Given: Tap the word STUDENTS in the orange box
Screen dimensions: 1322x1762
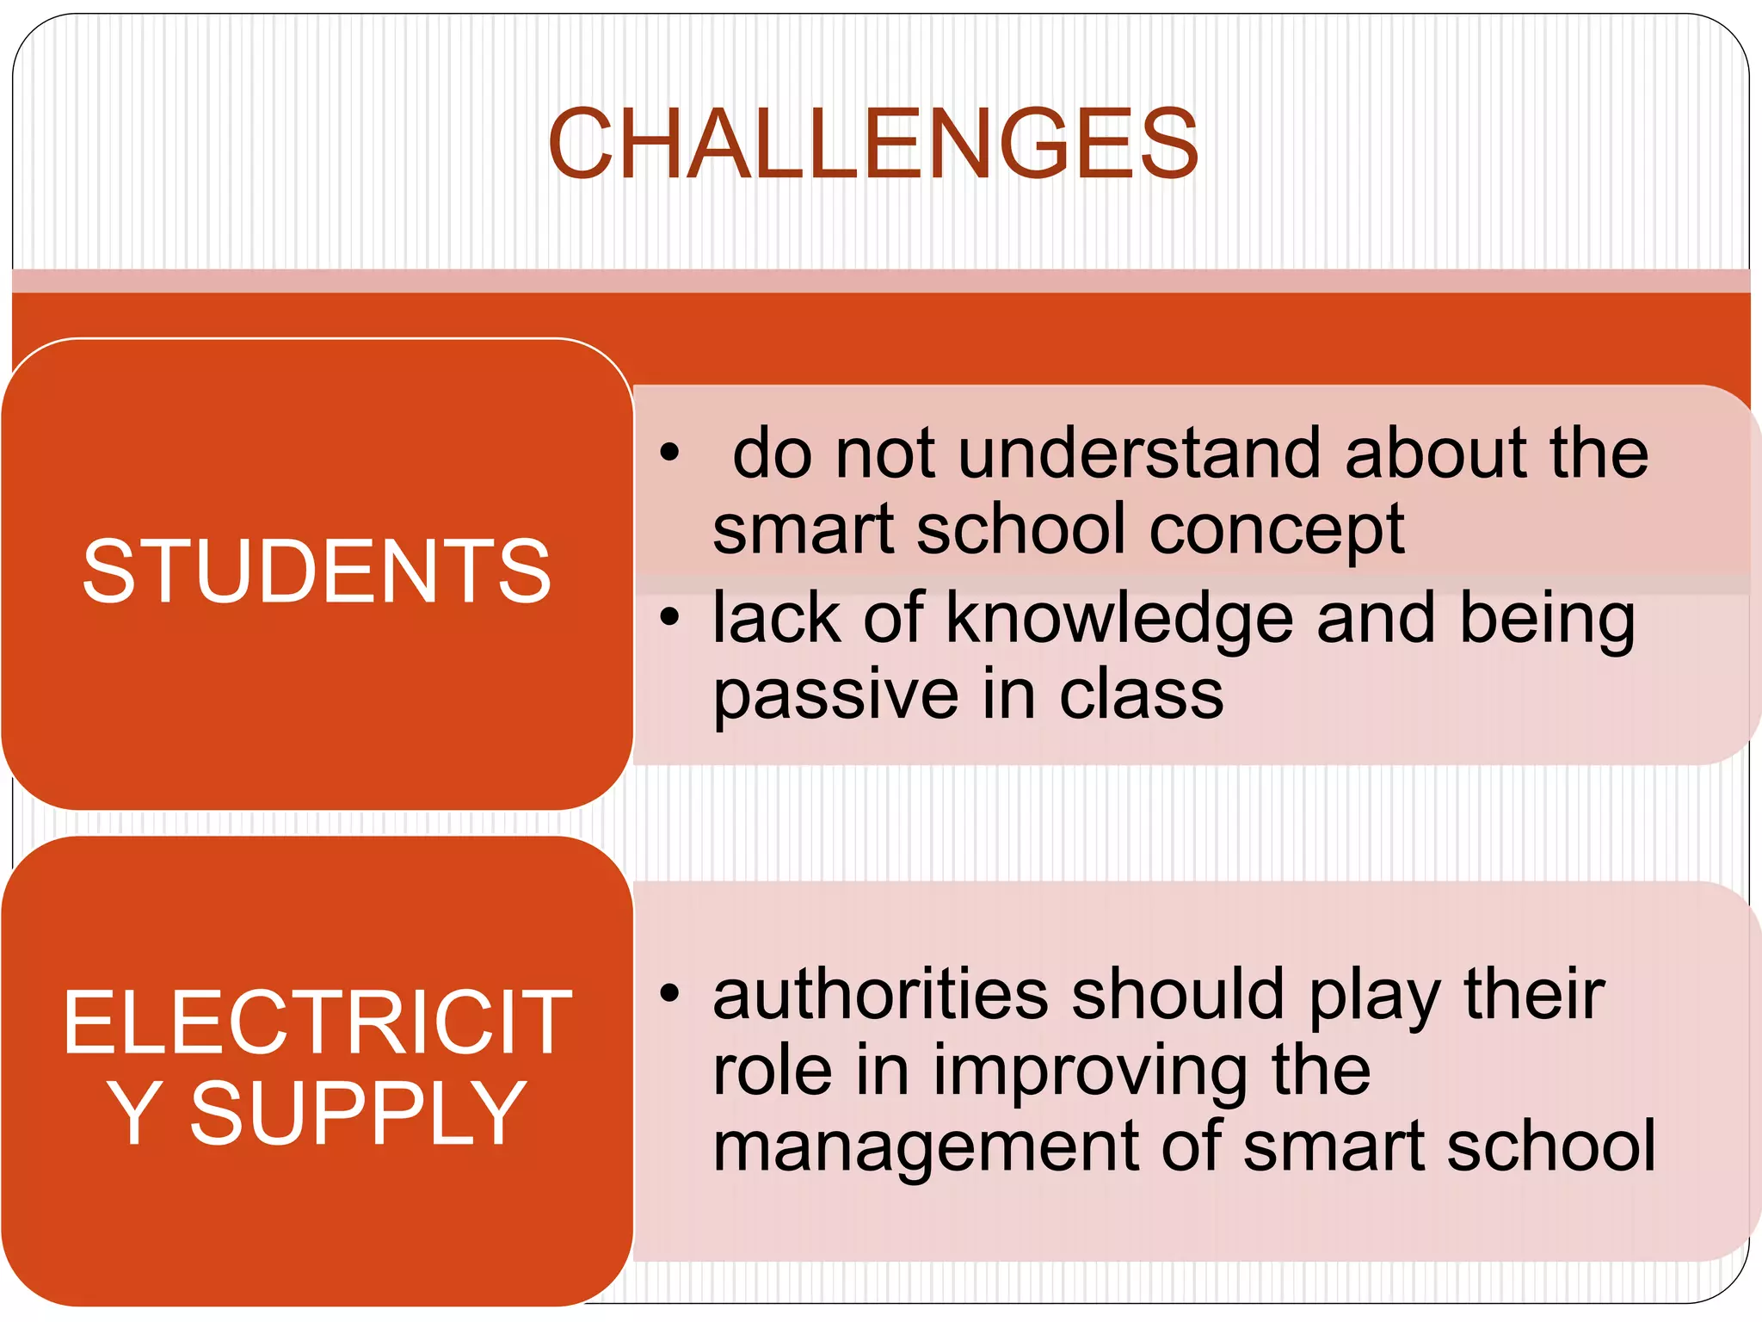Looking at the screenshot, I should point(317,571).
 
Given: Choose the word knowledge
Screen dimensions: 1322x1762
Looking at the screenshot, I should point(1119,619).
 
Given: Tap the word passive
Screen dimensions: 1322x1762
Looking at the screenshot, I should point(835,695).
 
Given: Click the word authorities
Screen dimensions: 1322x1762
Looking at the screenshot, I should point(880,994).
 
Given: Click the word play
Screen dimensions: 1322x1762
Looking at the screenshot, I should point(1375,996).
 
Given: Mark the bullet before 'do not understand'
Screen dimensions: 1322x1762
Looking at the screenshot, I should point(669,452).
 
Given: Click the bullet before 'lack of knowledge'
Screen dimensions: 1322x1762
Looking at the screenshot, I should point(669,617).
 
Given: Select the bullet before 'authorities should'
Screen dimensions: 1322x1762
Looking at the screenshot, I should point(669,994).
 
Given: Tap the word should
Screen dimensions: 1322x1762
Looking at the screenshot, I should point(1178,994).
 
